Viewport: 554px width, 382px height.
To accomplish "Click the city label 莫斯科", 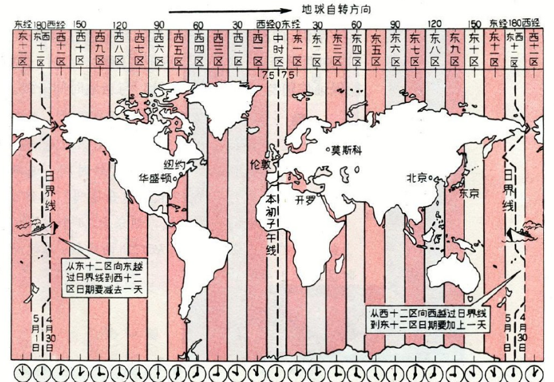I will pyautogui.click(x=347, y=150).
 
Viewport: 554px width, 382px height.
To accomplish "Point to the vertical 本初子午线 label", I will pyautogui.click(x=271, y=223).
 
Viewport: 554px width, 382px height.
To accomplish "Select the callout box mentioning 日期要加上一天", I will pyautogui.click(x=429, y=318).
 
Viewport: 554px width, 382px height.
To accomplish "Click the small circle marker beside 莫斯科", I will pyautogui.click(x=328, y=149).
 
